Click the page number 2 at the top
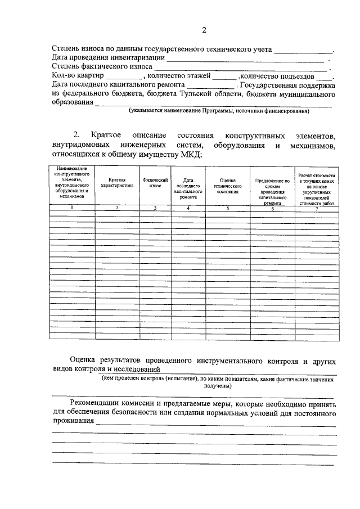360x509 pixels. pyautogui.click(x=205, y=30)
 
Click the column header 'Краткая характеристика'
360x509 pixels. pyautogui.click(x=116, y=182)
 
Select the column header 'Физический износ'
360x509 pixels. pyautogui.click(x=155, y=182)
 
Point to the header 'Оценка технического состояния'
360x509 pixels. pyautogui.click(x=228, y=186)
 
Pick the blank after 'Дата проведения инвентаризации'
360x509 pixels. pyautogui.click(x=245, y=58)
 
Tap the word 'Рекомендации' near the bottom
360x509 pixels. pyautogui.click(x=112, y=404)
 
